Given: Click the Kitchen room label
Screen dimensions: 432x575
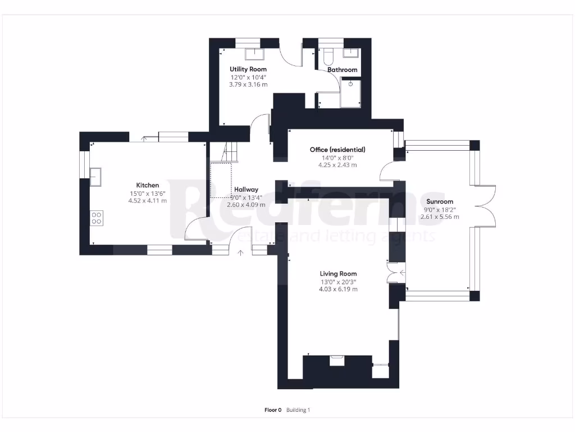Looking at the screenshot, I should point(148,185).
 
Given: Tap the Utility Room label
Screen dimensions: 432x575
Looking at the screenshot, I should point(248,69).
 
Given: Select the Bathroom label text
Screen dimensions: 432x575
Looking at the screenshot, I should point(343,70).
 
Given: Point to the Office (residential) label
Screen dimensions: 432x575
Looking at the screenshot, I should point(337,150).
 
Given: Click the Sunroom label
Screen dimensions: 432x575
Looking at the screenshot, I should point(440,201).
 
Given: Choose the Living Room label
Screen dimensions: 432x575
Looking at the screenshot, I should point(338,274).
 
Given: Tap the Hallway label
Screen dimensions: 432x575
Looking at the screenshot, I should point(246,190).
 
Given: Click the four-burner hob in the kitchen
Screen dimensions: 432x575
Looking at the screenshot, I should point(96,218).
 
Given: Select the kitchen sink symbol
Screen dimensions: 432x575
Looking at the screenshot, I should point(95,176).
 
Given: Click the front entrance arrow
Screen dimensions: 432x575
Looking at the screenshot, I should point(241,253).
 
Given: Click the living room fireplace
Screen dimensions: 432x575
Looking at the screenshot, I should point(337,361).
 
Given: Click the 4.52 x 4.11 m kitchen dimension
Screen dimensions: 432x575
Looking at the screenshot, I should point(148,201).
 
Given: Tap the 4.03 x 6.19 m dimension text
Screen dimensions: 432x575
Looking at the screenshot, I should point(338,289).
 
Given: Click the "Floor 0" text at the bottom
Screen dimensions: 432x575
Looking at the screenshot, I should point(272,410).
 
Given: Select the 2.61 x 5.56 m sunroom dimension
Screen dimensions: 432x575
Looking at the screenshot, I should point(440,217).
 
